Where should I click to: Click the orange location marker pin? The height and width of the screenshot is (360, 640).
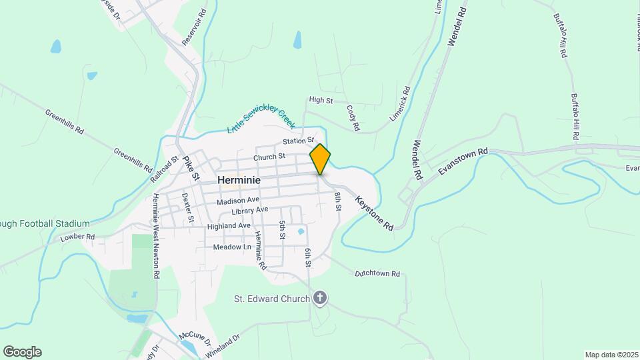tap(320, 159)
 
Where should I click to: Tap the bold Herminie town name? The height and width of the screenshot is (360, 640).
tap(239, 180)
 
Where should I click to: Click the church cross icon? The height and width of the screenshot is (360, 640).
tap(320, 297)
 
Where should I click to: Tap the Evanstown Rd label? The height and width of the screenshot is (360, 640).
tap(463, 162)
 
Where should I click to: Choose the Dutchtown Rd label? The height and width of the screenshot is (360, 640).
tap(377, 273)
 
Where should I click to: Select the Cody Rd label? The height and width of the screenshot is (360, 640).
tap(353, 117)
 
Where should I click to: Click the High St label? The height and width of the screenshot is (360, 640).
tap(321, 100)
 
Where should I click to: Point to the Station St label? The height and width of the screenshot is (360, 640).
tap(297, 141)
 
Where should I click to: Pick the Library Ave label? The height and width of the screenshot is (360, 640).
tap(249, 211)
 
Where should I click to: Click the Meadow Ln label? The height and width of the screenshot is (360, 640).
tap(231, 247)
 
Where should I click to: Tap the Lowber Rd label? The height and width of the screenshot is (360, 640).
tap(77, 237)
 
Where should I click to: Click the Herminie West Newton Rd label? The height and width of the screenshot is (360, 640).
tap(156, 235)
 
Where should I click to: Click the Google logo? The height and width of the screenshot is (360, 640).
tap(22, 352)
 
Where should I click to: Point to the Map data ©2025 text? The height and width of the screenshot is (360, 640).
tap(611, 355)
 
